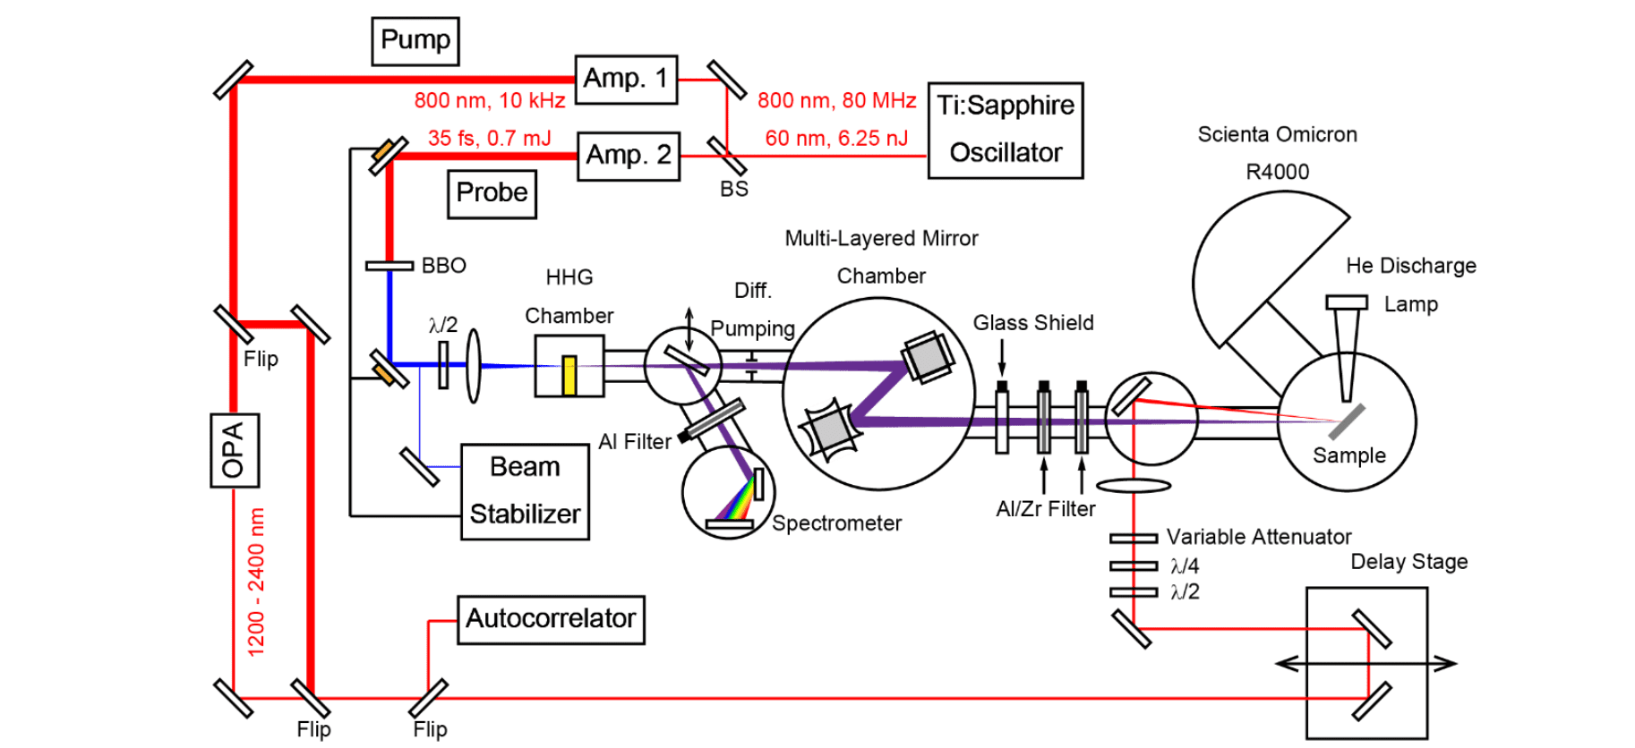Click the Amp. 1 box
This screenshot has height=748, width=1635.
click(x=625, y=79)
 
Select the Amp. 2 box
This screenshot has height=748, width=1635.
click(x=628, y=156)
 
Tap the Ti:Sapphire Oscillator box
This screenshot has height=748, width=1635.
click(x=1005, y=130)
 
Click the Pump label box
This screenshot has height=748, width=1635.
click(x=415, y=40)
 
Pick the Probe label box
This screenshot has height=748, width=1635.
click(x=492, y=193)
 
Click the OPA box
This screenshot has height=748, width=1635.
click(x=234, y=450)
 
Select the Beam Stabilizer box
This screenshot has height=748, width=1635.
click(x=525, y=491)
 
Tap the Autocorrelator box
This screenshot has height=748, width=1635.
click(x=550, y=619)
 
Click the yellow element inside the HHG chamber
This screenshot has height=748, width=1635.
click(x=569, y=375)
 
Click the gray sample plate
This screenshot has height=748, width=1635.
click(x=1346, y=421)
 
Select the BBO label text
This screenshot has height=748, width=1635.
click(x=443, y=266)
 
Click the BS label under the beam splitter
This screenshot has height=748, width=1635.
click(x=733, y=189)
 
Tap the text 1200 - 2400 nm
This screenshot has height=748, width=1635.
click(x=256, y=582)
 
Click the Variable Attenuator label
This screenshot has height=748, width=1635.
click(x=1258, y=537)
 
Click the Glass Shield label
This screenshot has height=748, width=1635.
click(x=1032, y=323)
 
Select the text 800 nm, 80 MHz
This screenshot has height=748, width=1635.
click(x=836, y=100)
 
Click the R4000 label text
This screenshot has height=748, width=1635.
click(x=1277, y=172)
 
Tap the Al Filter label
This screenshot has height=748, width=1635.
click(x=634, y=442)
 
